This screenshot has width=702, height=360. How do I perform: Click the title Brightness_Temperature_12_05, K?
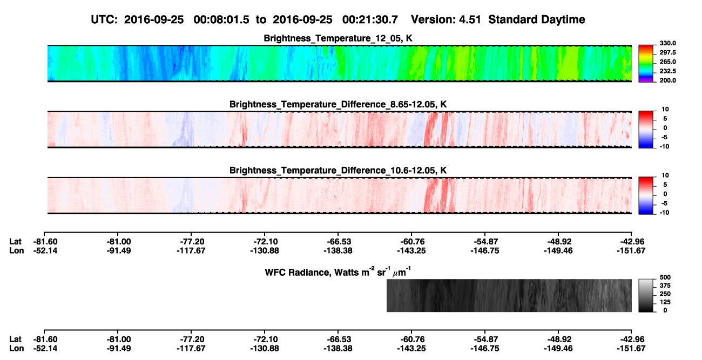(x=338, y=38)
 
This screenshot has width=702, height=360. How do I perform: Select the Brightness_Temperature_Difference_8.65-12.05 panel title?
(x=338, y=104)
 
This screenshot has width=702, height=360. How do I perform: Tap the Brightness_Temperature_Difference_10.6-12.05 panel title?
(x=338, y=171)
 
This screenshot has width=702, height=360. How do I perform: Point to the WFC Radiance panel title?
(x=338, y=271)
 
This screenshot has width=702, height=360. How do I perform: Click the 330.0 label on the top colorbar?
(x=667, y=43)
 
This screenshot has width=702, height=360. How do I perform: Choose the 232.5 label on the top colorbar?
(x=667, y=71)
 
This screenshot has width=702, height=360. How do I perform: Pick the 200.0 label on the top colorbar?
(x=667, y=80)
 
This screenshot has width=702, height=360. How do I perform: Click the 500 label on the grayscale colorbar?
(x=665, y=277)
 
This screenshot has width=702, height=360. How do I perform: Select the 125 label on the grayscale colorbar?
(x=665, y=302)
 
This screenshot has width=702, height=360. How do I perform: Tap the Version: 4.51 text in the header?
(x=446, y=20)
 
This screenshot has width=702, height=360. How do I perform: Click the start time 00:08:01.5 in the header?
(x=221, y=20)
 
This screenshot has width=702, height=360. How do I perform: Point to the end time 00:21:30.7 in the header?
(x=370, y=20)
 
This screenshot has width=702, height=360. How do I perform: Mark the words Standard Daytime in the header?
(x=537, y=20)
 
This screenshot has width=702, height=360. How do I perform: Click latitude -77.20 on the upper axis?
(x=191, y=242)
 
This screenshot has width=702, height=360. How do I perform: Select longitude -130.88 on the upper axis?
(x=265, y=251)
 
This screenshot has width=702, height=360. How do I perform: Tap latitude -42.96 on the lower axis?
(x=631, y=339)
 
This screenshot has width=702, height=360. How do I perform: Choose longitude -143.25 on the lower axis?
(x=411, y=349)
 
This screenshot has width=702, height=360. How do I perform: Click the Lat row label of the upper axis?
(x=15, y=242)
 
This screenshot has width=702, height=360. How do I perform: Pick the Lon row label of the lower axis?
(x=17, y=349)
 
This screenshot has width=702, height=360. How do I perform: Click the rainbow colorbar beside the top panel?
(x=646, y=64)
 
